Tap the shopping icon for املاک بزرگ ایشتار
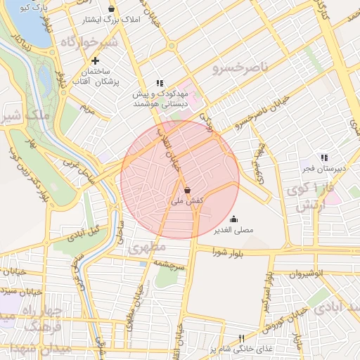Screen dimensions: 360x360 [112, 11]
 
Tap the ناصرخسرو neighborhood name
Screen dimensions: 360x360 [240, 69]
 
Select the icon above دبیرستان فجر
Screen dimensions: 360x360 [324, 157]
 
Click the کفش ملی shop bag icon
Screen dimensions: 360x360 [187, 190]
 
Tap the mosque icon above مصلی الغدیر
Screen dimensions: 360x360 [233, 218]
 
